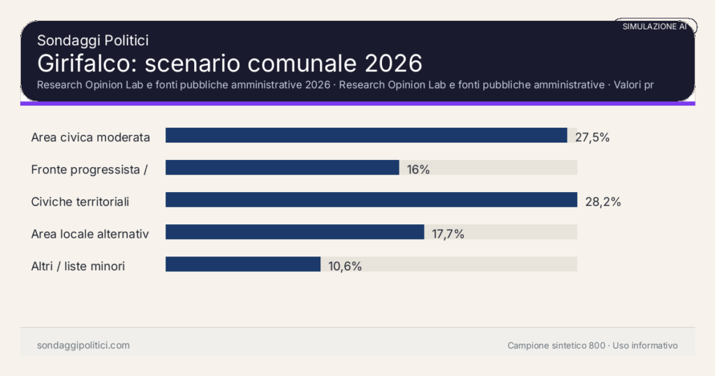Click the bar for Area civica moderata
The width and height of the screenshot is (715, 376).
[x=366, y=136]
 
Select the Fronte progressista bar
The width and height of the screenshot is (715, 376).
[x=282, y=168]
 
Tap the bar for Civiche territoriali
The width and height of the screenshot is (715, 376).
[x=371, y=200]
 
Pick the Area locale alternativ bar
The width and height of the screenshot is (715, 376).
[x=295, y=232]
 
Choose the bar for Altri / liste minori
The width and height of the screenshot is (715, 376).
[x=243, y=264]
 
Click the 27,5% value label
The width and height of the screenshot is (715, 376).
[x=592, y=137]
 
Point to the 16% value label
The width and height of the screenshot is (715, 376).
[x=418, y=169]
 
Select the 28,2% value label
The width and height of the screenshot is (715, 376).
[x=603, y=202]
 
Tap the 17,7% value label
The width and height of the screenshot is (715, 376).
[x=448, y=234]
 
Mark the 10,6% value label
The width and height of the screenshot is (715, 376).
[x=345, y=266]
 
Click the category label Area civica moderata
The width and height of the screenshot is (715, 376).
[x=91, y=137]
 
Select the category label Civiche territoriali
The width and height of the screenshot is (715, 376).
[x=80, y=202]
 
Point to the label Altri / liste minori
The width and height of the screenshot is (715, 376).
[x=78, y=266]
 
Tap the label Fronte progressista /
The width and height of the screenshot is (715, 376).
[x=89, y=169]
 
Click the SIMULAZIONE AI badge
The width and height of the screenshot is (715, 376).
[x=654, y=26]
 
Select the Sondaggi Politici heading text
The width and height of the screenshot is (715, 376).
[x=93, y=41]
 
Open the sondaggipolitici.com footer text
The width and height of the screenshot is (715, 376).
[x=83, y=345]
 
